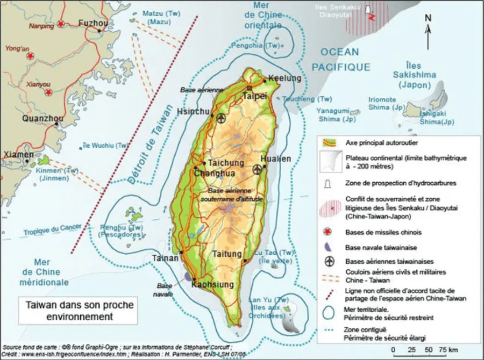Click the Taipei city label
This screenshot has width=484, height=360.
click(254, 96)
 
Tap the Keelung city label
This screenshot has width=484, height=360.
click(284, 78)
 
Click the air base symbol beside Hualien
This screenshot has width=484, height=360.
click(257, 169)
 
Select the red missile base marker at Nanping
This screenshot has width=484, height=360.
click(61, 24)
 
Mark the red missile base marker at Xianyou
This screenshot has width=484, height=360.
click(48, 92)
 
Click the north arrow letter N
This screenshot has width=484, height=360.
click(428, 18)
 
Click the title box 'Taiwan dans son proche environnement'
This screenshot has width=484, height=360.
click(80, 311)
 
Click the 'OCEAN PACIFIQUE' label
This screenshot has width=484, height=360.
click(341, 60)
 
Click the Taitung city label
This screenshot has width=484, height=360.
click(229, 254)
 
